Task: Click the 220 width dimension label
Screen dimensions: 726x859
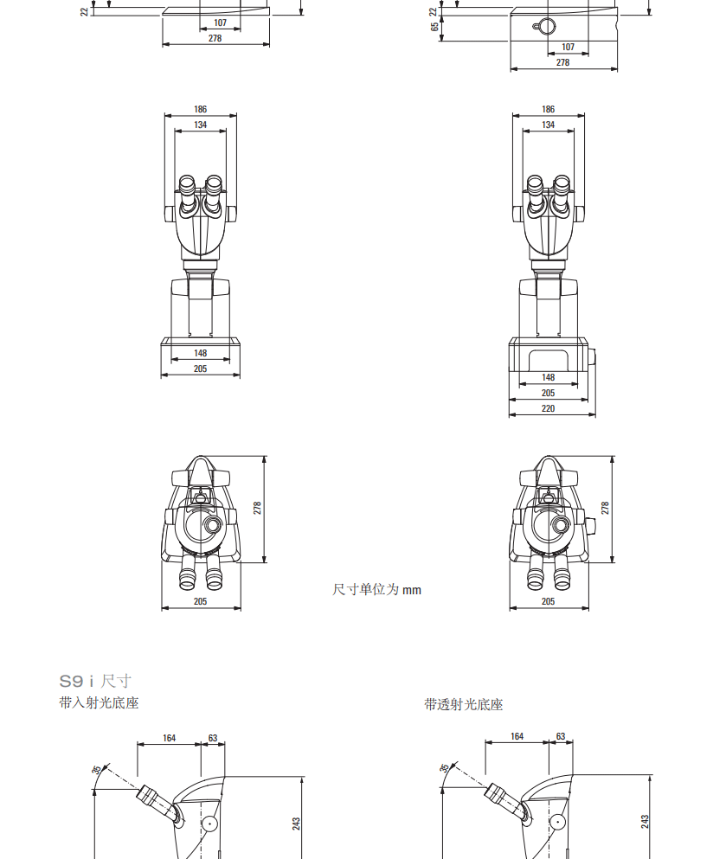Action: point(548,408)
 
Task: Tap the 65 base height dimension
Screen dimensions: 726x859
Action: point(434,26)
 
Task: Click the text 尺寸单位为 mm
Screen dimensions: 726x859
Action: point(376,589)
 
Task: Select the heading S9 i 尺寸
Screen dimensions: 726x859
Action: point(95,681)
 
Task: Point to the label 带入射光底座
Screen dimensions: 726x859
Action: point(99,703)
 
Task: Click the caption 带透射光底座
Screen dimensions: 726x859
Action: point(463,704)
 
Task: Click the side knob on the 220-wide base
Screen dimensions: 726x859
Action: point(592,357)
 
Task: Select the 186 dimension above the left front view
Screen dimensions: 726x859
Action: point(200,109)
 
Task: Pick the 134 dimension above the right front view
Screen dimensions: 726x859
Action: point(548,125)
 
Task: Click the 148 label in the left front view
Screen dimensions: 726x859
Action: point(200,353)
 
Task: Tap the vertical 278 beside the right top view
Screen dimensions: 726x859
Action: point(605,508)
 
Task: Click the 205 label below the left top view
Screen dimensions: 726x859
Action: point(200,601)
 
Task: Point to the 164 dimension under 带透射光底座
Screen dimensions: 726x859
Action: point(517,736)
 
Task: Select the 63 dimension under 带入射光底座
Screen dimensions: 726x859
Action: point(213,738)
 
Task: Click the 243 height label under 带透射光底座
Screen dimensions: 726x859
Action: point(645,821)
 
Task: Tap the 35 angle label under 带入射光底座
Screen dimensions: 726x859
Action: point(96,769)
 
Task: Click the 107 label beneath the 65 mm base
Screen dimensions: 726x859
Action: point(568,47)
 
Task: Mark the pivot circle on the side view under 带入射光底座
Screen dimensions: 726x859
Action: point(210,824)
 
